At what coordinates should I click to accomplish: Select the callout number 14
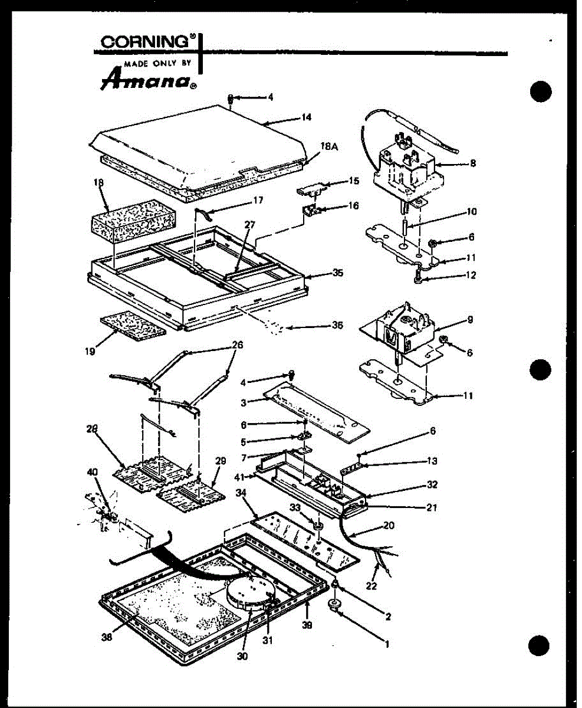[x=305, y=117]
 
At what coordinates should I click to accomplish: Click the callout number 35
[x=337, y=273]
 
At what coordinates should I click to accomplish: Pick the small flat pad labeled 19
[x=133, y=324]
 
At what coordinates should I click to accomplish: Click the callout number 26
[x=237, y=345]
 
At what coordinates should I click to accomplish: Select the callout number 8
[x=472, y=165]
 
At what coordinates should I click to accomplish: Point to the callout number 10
[x=472, y=211]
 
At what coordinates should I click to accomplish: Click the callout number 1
[x=387, y=645]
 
